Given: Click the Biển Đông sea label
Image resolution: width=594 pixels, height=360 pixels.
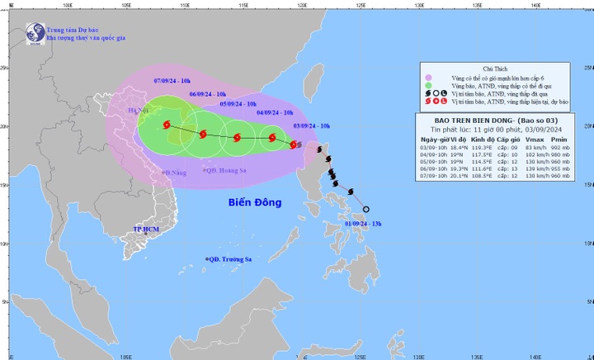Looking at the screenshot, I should pos(254,202).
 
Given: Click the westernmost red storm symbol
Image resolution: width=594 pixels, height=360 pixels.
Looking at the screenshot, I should pos(167,125).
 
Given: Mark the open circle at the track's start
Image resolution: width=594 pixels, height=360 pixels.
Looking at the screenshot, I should pos(366,210).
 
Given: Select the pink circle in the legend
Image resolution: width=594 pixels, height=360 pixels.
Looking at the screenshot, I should pos(428,77).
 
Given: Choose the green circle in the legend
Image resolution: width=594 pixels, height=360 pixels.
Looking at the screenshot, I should pos(428,85).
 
